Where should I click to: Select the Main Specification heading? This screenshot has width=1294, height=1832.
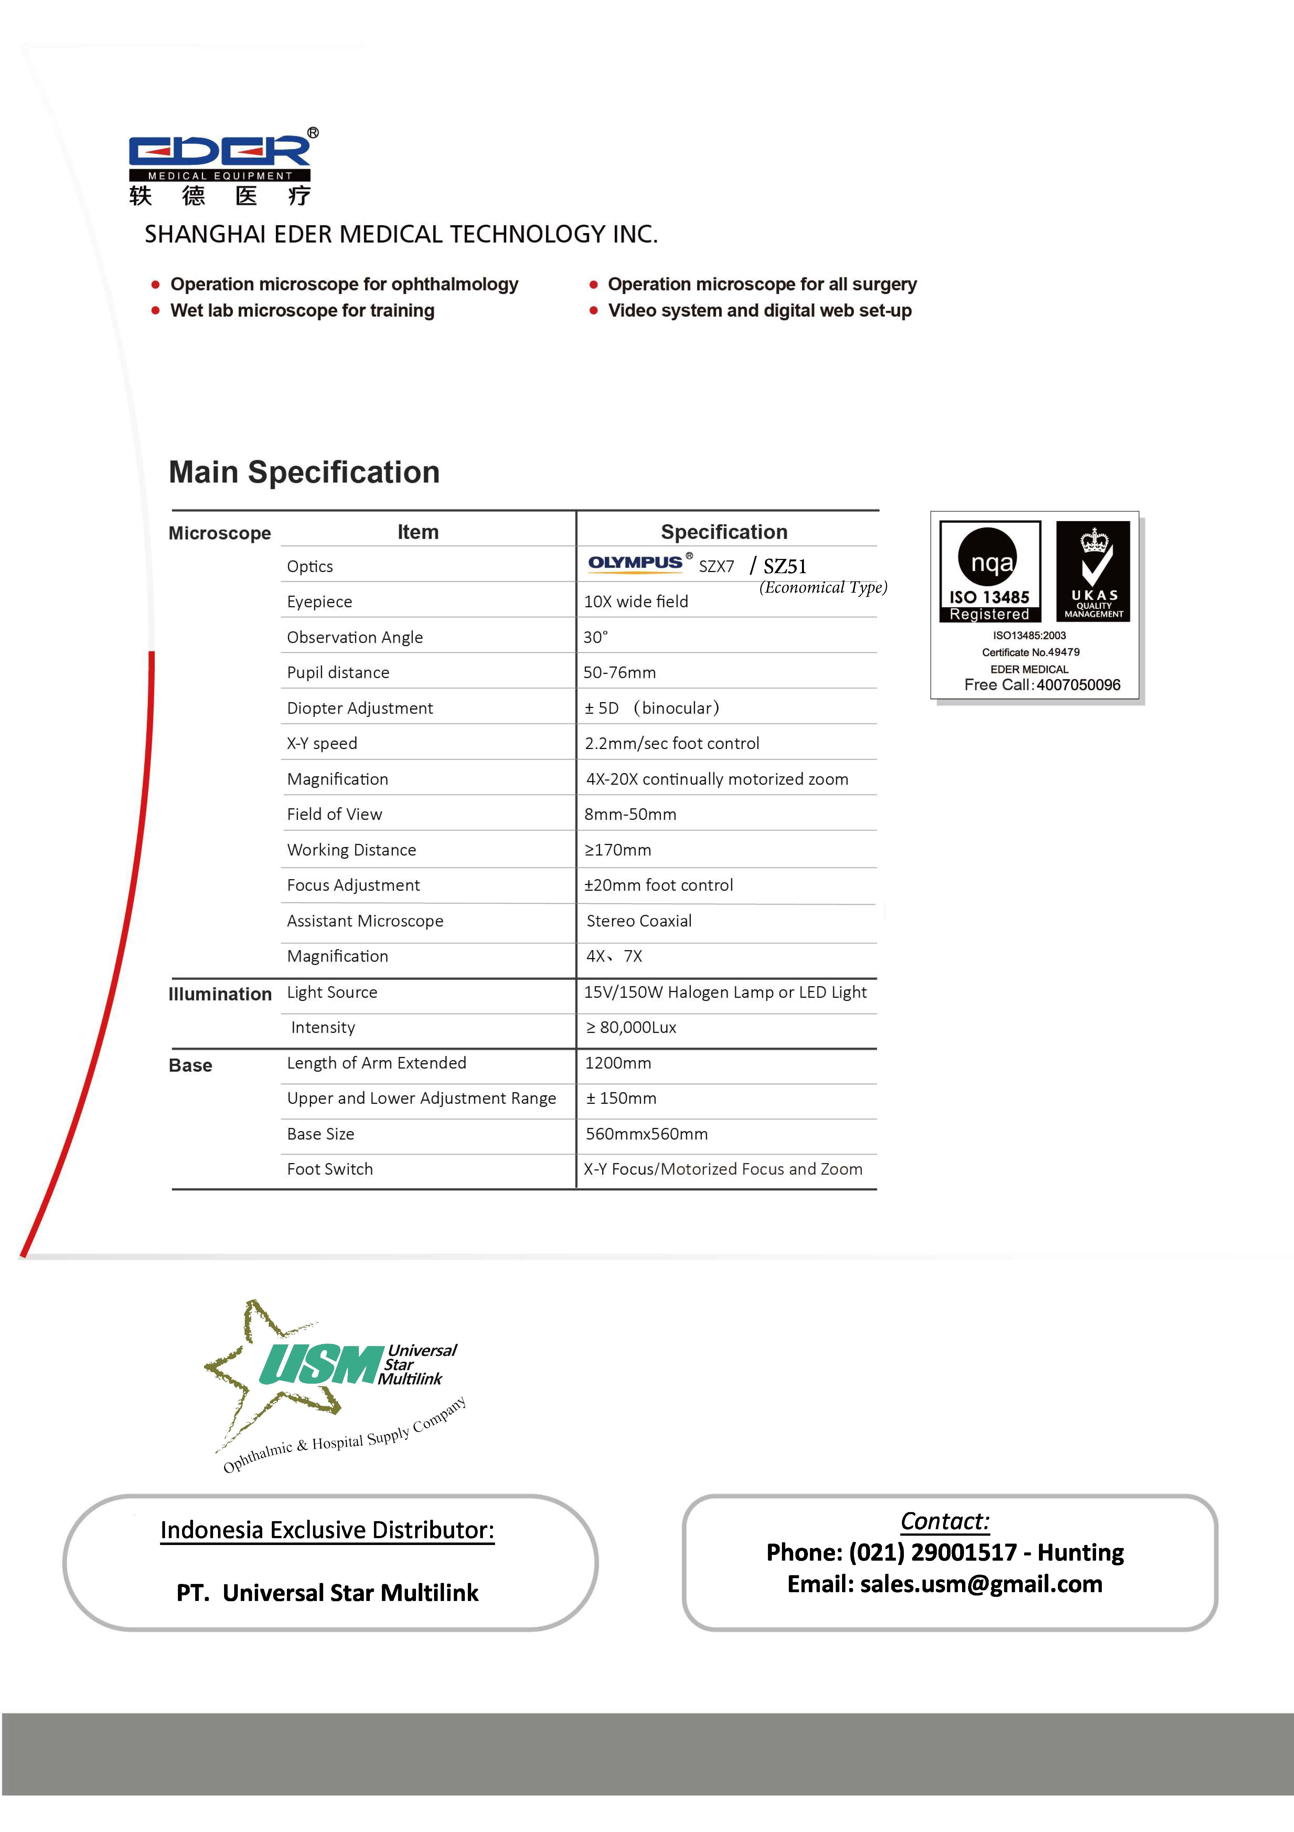(304, 472)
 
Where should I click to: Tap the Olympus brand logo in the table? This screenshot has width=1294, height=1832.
(635, 563)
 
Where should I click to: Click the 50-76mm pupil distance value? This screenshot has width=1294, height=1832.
(619, 673)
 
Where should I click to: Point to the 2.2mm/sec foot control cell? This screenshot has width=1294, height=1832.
(671, 744)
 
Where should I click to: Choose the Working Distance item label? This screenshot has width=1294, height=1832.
(351, 850)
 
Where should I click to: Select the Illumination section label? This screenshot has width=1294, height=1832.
(220, 994)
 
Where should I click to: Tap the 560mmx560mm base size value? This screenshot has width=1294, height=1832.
(647, 1134)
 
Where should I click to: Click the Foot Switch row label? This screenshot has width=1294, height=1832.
(330, 1169)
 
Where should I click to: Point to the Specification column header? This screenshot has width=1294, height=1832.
(724, 532)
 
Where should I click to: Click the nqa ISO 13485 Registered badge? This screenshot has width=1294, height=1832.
(990, 571)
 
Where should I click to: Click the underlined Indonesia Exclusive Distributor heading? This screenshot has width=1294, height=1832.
(327, 1530)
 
